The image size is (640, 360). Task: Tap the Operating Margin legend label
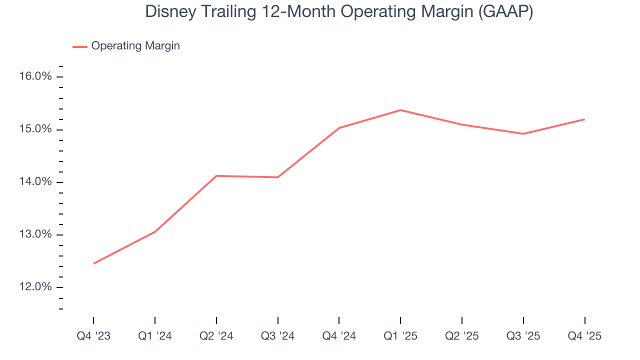point(135,46)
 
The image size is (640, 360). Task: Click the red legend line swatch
point(80,46)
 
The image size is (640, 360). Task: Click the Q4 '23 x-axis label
point(93,336)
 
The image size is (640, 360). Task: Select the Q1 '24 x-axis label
point(155,336)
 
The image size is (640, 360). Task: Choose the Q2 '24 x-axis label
point(216,336)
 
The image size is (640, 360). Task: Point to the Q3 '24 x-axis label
point(277,336)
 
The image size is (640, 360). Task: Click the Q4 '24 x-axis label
point(339,336)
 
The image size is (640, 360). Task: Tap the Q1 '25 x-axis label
point(400,336)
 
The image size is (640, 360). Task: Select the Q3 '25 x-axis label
point(523,336)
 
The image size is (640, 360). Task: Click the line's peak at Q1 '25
point(400,110)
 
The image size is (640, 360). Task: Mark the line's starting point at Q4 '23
point(94,263)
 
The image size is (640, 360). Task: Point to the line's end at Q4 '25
point(584,119)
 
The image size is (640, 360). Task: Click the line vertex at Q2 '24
point(216,176)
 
